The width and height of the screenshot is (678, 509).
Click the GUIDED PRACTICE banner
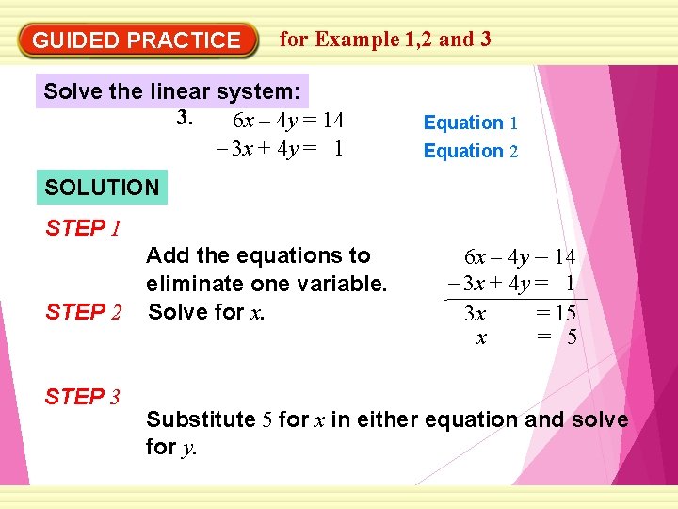pos(137,41)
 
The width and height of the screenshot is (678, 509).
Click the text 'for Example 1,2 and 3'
pos(385,39)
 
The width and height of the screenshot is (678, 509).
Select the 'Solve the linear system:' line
pos(172,92)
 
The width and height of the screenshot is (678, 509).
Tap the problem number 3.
pos(186,119)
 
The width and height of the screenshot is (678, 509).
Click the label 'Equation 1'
pos(470,123)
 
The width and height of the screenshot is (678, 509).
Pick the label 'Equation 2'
pos(470,151)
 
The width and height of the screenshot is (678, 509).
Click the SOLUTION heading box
pos(102,187)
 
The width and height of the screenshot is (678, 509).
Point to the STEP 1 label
pos(83,228)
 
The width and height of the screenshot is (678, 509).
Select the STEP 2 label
pos(83,312)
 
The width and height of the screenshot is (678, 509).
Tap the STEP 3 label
pos(83,397)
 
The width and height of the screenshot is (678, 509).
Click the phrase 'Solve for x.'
pos(206,312)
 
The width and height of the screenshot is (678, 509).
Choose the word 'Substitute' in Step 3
pos(201,419)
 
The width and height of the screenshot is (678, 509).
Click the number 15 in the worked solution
pos(565,314)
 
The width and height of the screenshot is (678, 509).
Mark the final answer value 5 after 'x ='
pos(572,337)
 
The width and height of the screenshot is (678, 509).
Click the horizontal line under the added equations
pos(514,299)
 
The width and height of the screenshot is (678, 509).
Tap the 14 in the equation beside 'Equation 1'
pos(331,121)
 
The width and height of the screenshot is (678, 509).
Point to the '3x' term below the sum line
pos(476,314)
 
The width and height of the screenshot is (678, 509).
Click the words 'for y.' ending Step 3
pos(171,448)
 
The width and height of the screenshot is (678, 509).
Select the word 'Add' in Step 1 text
pos(167,255)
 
